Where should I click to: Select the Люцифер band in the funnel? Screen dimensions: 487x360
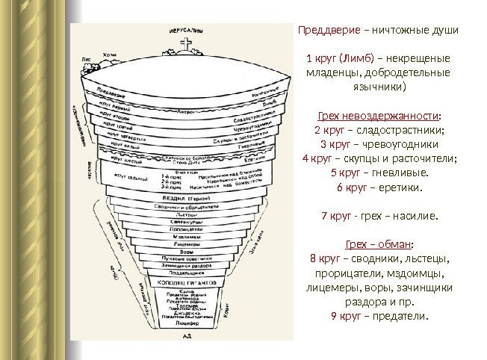click(x=187, y=325)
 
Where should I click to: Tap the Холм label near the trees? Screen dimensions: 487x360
click(x=110, y=55)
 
